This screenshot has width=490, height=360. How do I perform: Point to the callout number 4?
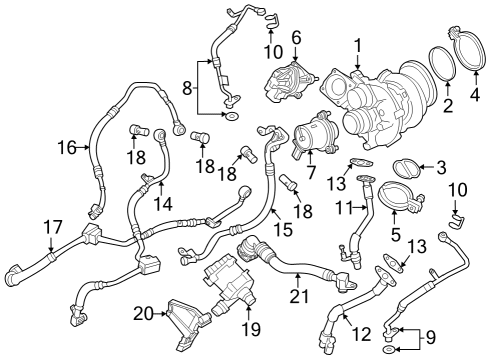(x=475, y=97)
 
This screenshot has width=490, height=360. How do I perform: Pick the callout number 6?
(x=296, y=37)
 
